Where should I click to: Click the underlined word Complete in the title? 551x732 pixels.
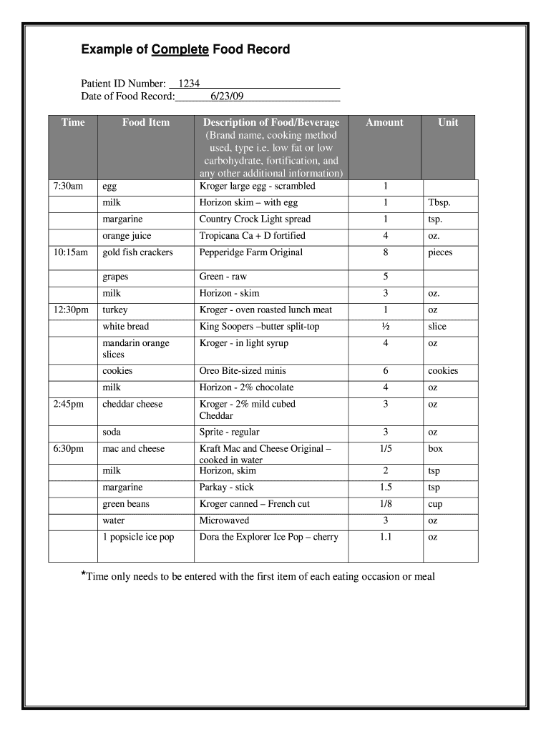[179, 49]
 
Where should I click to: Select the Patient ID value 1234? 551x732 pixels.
[189, 84]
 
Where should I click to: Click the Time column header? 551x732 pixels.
[73, 122]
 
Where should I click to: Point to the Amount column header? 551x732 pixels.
[384, 122]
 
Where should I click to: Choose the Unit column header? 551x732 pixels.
[448, 122]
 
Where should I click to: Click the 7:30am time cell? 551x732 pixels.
[68, 187]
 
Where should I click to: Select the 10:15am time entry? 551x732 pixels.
[70, 252]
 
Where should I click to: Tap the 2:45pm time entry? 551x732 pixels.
[69, 405]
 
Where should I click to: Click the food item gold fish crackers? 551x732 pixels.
[137, 252]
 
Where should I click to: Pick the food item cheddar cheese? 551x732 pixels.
[132, 405]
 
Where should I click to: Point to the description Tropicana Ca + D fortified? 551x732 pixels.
[252, 236]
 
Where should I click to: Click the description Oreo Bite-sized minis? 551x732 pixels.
[243, 371]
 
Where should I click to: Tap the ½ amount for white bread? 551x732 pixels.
[385, 327]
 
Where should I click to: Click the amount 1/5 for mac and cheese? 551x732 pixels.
[385, 449]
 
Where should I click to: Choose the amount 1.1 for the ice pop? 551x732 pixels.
[385, 538]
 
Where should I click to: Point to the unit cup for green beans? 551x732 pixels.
[435, 505]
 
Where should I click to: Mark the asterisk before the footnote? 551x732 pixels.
[83, 575]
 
